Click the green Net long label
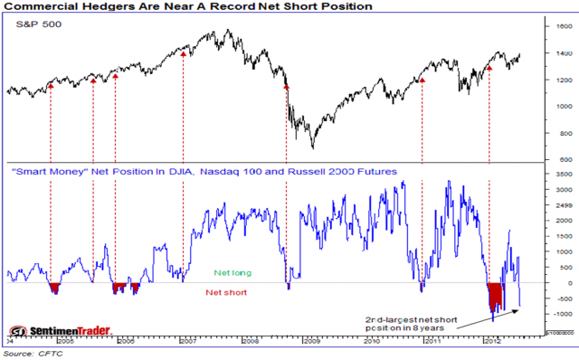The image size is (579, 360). pos(233,271)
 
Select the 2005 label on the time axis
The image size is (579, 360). pos(66,343)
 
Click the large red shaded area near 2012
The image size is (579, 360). pos(495,295)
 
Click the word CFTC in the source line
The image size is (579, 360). pos(48,354)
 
